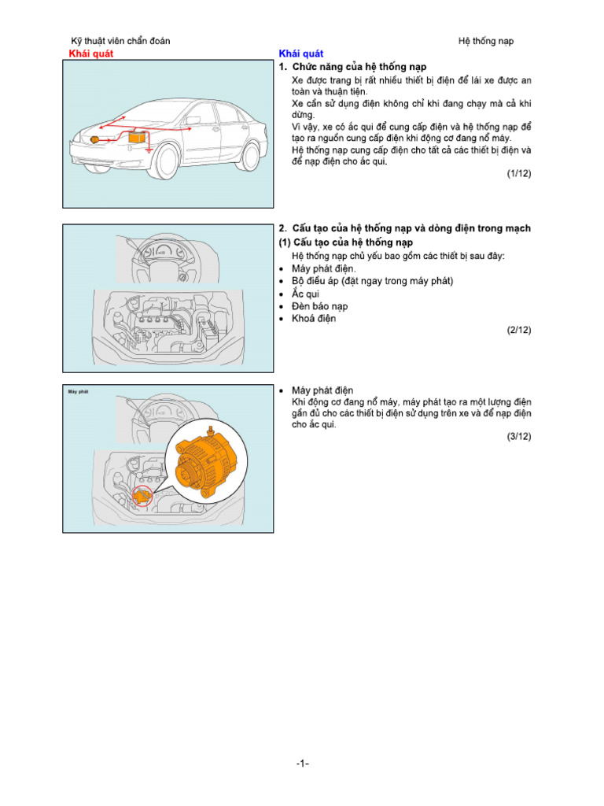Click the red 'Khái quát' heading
pyautogui.click(x=91, y=54)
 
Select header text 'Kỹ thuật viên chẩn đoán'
pyautogui.click(x=120, y=41)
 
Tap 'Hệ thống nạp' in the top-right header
pyautogui.click(x=486, y=41)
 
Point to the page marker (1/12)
pyautogui.click(x=518, y=174)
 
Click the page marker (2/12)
pyautogui.click(x=518, y=331)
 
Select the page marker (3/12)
pyautogui.click(x=518, y=436)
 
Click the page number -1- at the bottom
pyautogui.click(x=303, y=763)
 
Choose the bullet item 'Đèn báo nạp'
pyautogui.click(x=319, y=306)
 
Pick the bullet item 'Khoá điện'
pyautogui.click(x=313, y=319)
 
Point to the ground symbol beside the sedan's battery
pyautogui.click(x=148, y=149)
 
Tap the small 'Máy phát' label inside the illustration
pyautogui.click(x=77, y=391)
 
